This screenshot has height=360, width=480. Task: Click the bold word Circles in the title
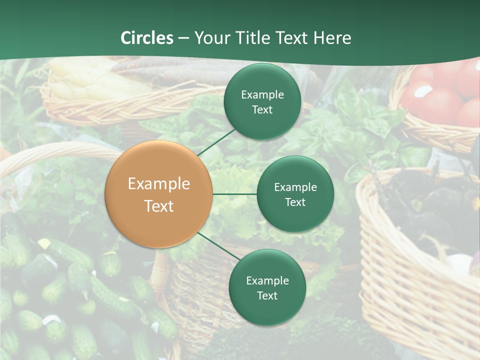click(x=146, y=38)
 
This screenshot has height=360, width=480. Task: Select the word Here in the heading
click(x=332, y=38)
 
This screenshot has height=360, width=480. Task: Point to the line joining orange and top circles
click(x=216, y=141)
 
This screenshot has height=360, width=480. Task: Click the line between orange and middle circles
click(x=234, y=194)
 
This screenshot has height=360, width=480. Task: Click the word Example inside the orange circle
click(x=158, y=184)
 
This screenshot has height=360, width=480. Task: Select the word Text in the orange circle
click(x=158, y=206)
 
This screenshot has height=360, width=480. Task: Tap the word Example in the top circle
click(x=262, y=95)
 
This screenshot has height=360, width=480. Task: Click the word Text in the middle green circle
click(x=295, y=202)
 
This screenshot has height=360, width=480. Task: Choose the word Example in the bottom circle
click(x=267, y=281)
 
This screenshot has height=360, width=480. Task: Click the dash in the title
click(x=183, y=38)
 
